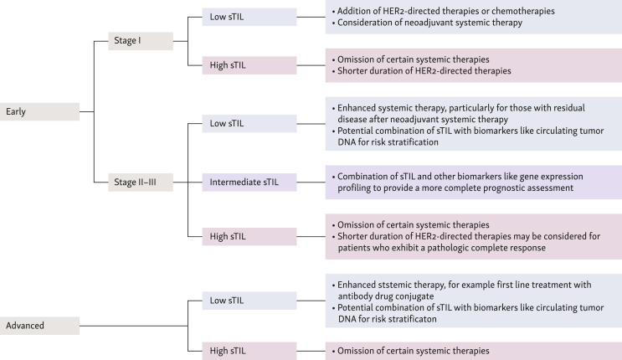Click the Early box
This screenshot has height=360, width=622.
pos(39,111)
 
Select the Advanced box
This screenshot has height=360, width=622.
pos(39,326)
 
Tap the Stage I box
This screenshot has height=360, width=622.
pos(141,41)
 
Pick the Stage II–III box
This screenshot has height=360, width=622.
pos(141,183)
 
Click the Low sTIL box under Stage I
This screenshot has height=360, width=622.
pos(249,17)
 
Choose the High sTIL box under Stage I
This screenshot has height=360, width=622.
pos(249,65)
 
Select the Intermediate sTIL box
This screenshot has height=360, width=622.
pos(249,183)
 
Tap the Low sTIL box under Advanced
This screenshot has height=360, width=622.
pos(249,301)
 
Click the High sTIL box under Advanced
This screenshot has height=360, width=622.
pos(249,351)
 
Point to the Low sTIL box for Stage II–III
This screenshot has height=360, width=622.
pos(249,123)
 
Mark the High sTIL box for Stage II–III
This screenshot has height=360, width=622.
pos(249,237)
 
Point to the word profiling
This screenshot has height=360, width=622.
pos(354,188)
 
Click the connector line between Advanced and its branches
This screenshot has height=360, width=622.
pos(134,326)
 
